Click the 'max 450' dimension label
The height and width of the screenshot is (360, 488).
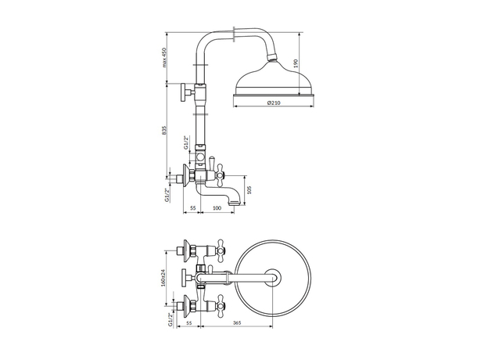(165, 58)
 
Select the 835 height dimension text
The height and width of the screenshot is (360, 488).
(165, 131)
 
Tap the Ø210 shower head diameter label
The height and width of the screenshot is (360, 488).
(274, 103)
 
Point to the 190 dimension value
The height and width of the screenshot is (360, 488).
(296, 63)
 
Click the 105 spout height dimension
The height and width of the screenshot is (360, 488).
(249, 189)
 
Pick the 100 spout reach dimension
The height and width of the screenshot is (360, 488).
(217, 207)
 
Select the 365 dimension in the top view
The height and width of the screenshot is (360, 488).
(237, 322)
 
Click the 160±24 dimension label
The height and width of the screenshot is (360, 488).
(165, 278)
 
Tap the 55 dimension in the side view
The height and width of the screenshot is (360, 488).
(192, 207)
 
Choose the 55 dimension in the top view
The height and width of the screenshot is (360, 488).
(188, 322)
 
